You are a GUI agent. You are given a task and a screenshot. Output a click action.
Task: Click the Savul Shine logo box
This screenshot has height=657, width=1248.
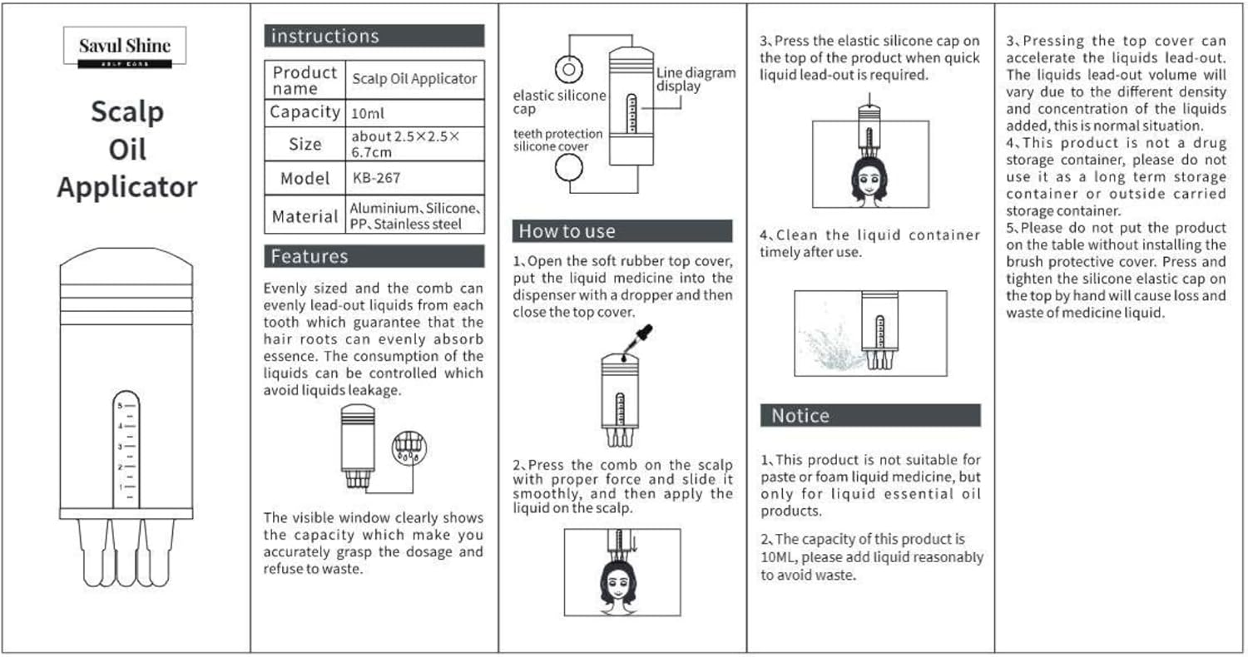(x=125, y=47)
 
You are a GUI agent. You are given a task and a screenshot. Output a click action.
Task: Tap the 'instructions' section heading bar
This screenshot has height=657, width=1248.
(x=374, y=36)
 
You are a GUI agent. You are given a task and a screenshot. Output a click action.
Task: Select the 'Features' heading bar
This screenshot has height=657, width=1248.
(x=374, y=256)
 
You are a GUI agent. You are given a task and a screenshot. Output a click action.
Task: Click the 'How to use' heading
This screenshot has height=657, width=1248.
(x=622, y=231)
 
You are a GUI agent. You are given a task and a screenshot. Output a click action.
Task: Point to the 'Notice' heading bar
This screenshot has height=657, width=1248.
(x=870, y=416)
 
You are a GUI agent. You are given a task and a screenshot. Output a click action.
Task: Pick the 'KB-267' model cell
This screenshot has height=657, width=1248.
(x=414, y=178)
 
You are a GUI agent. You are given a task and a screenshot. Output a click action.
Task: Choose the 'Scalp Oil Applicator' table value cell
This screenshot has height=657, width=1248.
(x=414, y=79)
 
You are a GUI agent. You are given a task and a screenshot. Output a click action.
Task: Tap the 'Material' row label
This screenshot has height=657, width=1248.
(x=305, y=216)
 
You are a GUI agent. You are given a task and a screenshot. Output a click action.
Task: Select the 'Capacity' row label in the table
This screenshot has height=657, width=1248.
(x=305, y=112)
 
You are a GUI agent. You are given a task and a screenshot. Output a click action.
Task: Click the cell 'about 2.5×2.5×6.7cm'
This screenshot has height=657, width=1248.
(x=414, y=143)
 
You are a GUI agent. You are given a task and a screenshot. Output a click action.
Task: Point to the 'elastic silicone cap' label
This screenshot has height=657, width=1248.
(x=559, y=102)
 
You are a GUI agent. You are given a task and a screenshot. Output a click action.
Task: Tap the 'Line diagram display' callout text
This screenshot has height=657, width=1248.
(x=696, y=79)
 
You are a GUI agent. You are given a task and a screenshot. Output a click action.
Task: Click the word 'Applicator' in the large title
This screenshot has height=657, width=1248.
(x=126, y=187)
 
